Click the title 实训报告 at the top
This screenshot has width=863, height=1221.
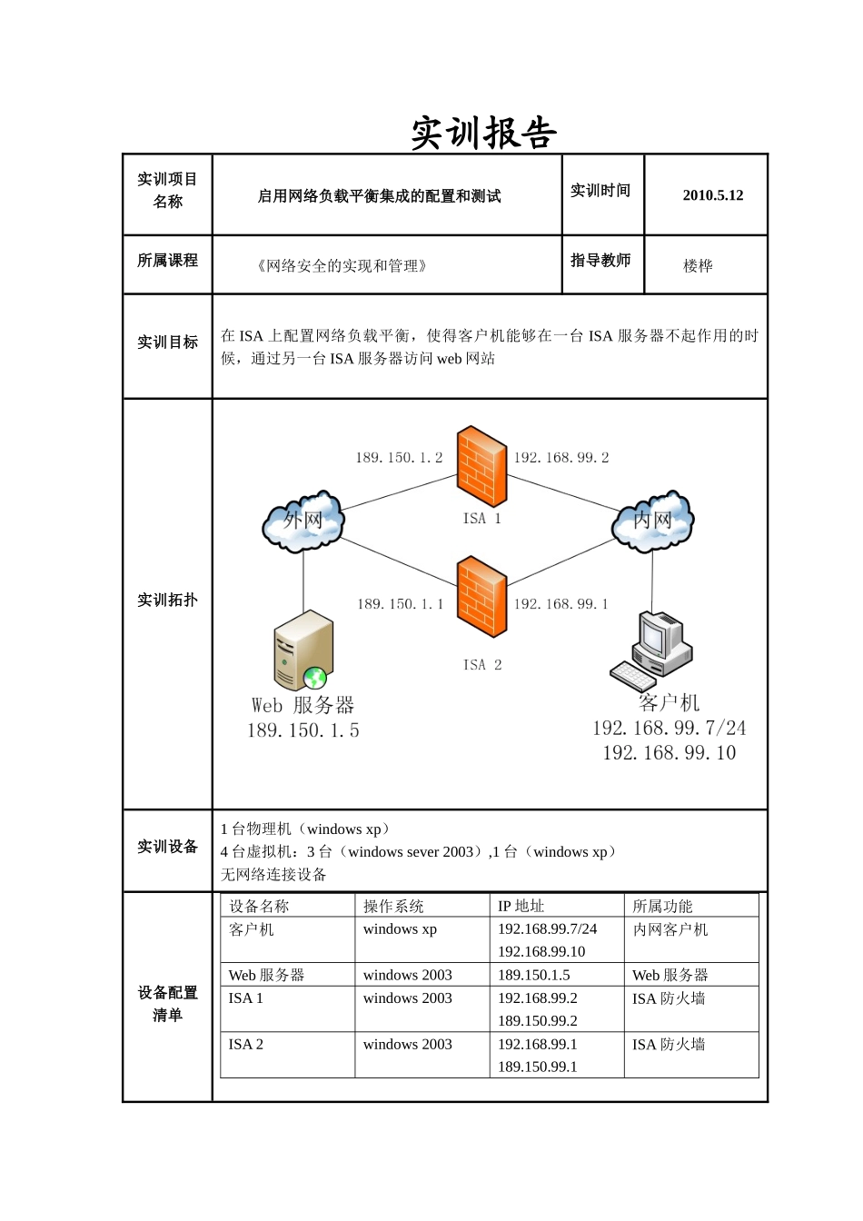[483, 134]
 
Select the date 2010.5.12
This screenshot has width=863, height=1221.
[712, 195]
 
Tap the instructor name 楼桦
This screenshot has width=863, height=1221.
[698, 266]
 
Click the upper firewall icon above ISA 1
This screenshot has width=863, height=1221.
[481, 466]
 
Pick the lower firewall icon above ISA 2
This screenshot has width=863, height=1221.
[481, 596]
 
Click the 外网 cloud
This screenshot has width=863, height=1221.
[303, 521]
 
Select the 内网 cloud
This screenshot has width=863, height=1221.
[653, 521]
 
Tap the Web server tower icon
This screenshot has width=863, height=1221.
[303, 650]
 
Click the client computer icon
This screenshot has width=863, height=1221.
[651, 650]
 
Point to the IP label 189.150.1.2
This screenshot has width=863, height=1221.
[399, 458]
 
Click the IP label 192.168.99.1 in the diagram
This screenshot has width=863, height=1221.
[561, 604]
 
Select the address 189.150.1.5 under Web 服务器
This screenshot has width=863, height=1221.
[303, 730]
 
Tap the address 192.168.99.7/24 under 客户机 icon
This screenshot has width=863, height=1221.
[669, 729]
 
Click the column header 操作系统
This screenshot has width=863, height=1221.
[393, 906]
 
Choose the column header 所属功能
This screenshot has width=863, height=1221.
[662, 906]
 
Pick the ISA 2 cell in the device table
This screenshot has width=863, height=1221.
[246, 1045]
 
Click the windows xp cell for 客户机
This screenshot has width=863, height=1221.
[400, 929]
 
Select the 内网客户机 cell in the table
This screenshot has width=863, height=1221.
[670, 929]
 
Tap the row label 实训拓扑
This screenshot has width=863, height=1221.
[167, 601]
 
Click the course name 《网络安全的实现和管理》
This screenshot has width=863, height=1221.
[342, 266]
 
